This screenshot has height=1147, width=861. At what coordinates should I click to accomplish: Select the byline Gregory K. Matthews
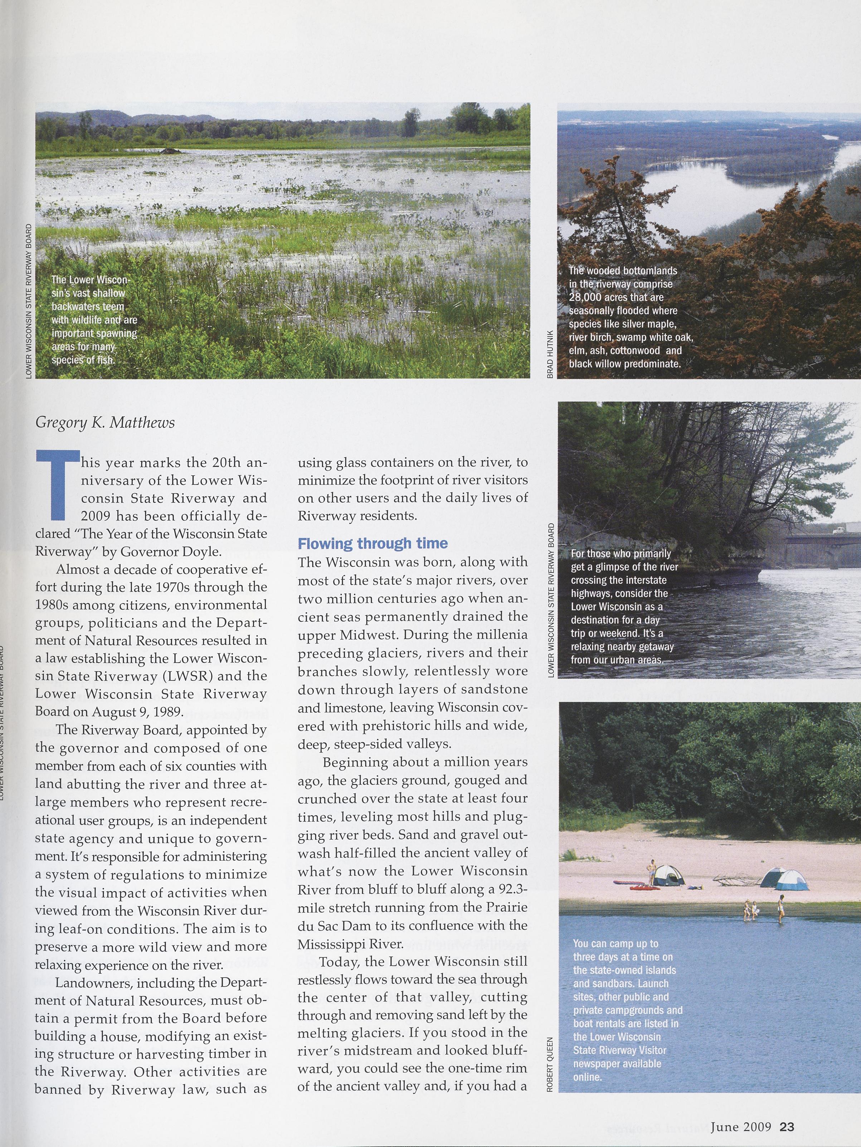coord(105,423)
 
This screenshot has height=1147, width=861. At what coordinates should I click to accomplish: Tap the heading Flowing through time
coord(372,543)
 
